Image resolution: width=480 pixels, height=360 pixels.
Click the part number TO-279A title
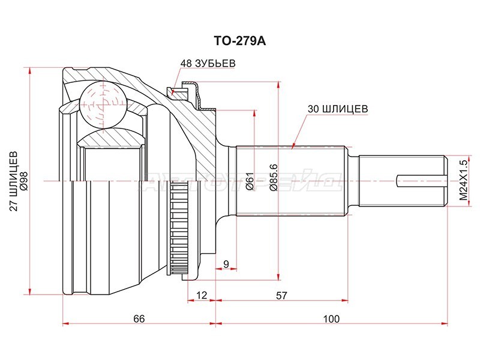[x=239, y=43]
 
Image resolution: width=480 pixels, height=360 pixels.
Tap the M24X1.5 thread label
[x=463, y=179]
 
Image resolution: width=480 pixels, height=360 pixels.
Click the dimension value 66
[x=139, y=319]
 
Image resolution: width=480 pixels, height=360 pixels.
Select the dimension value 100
[x=331, y=319]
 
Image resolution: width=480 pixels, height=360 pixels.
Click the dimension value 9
[x=226, y=264]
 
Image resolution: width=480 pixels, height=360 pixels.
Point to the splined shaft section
[x=290, y=181]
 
